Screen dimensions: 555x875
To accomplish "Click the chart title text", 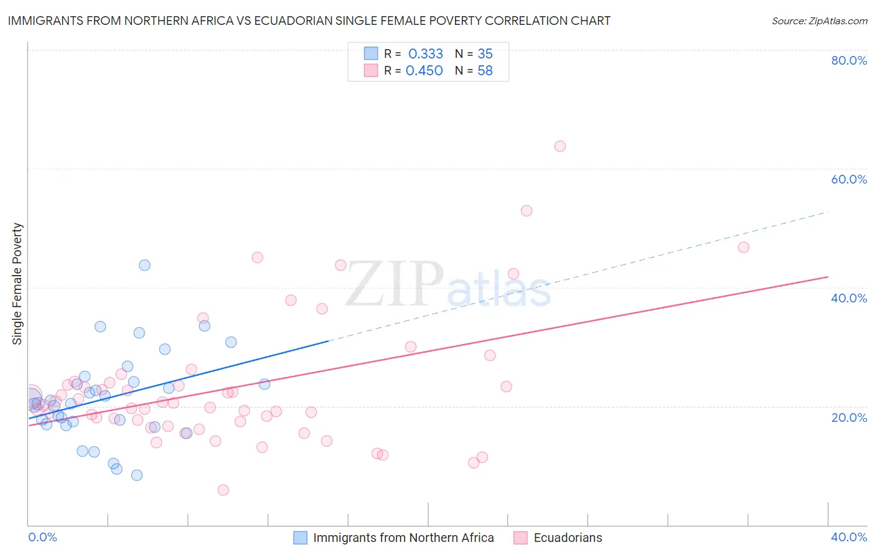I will pyautogui.click(x=309, y=21).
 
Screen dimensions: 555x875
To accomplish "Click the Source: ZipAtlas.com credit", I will pyautogui.click(x=819, y=21).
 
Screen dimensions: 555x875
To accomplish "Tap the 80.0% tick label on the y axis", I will pyautogui.click(x=849, y=60).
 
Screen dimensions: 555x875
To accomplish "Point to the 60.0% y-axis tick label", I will pyautogui.click(x=849, y=179).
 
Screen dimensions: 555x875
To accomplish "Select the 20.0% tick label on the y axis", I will pyautogui.click(x=849, y=417).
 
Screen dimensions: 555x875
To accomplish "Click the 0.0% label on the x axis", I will pyautogui.click(x=42, y=537).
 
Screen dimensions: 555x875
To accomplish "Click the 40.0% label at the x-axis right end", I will pyautogui.click(x=849, y=537).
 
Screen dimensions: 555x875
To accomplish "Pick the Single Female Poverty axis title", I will pyautogui.click(x=17, y=284).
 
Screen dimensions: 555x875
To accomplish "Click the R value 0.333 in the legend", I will pyautogui.click(x=426, y=54).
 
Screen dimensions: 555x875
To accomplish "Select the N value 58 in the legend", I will pyautogui.click(x=485, y=71).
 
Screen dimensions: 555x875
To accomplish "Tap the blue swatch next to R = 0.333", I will pyautogui.click(x=371, y=54).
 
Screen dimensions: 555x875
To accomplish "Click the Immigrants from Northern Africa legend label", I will pyautogui.click(x=403, y=538).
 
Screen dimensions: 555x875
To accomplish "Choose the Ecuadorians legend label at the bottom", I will pyautogui.click(x=568, y=538).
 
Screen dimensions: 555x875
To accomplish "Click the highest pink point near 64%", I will pyautogui.click(x=559, y=146).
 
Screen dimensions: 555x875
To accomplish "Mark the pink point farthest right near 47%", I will pyautogui.click(x=743, y=247).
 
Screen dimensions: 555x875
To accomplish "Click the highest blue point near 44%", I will pyautogui.click(x=144, y=265).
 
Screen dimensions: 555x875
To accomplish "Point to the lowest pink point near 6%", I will pyautogui.click(x=223, y=490).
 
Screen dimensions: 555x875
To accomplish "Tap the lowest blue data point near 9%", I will pyautogui.click(x=137, y=475).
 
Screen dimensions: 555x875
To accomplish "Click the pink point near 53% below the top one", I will pyautogui.click(x=526, y=211).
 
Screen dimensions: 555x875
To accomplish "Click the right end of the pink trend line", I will pyautogui.click(x=828, y=276).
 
